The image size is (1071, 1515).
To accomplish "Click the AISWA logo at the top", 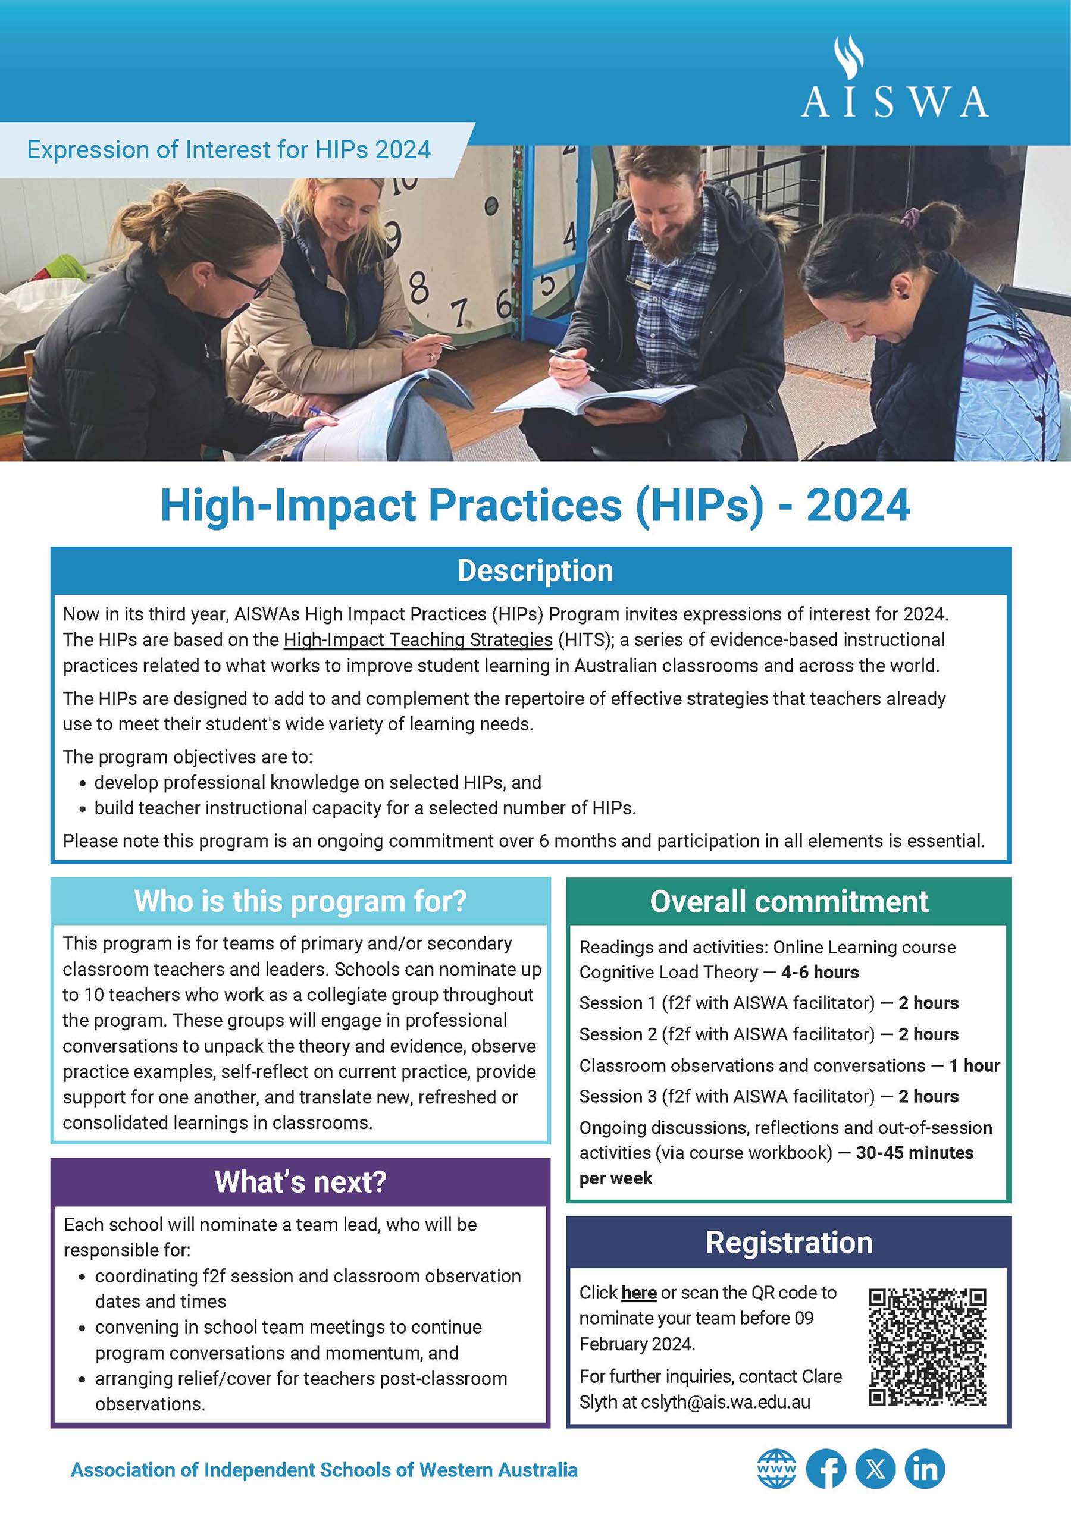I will [x=894, y=79].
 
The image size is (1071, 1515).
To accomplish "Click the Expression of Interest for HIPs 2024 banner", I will [x=228, y=150].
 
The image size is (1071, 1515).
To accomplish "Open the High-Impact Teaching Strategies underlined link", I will [x=418, y=640].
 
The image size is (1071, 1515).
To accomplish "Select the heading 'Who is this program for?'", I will [x=300, y=901].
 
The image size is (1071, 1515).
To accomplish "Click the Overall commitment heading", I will [x=788, y=901].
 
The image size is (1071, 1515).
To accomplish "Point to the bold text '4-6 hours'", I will [x=819, y=973].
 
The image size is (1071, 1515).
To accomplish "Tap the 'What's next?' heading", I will [x=300, y=1182].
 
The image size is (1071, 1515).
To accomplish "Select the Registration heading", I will [x=788, y=1243].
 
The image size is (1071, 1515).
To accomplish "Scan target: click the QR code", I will [x=927, y=1347].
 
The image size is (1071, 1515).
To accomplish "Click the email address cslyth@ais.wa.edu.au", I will [x=725, y=1402].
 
